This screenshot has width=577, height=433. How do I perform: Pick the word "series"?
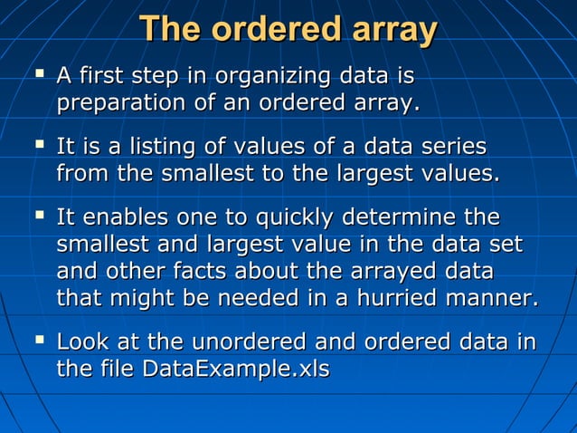pos(453,147)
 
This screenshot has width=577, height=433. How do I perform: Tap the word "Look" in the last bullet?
pos(82,342)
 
